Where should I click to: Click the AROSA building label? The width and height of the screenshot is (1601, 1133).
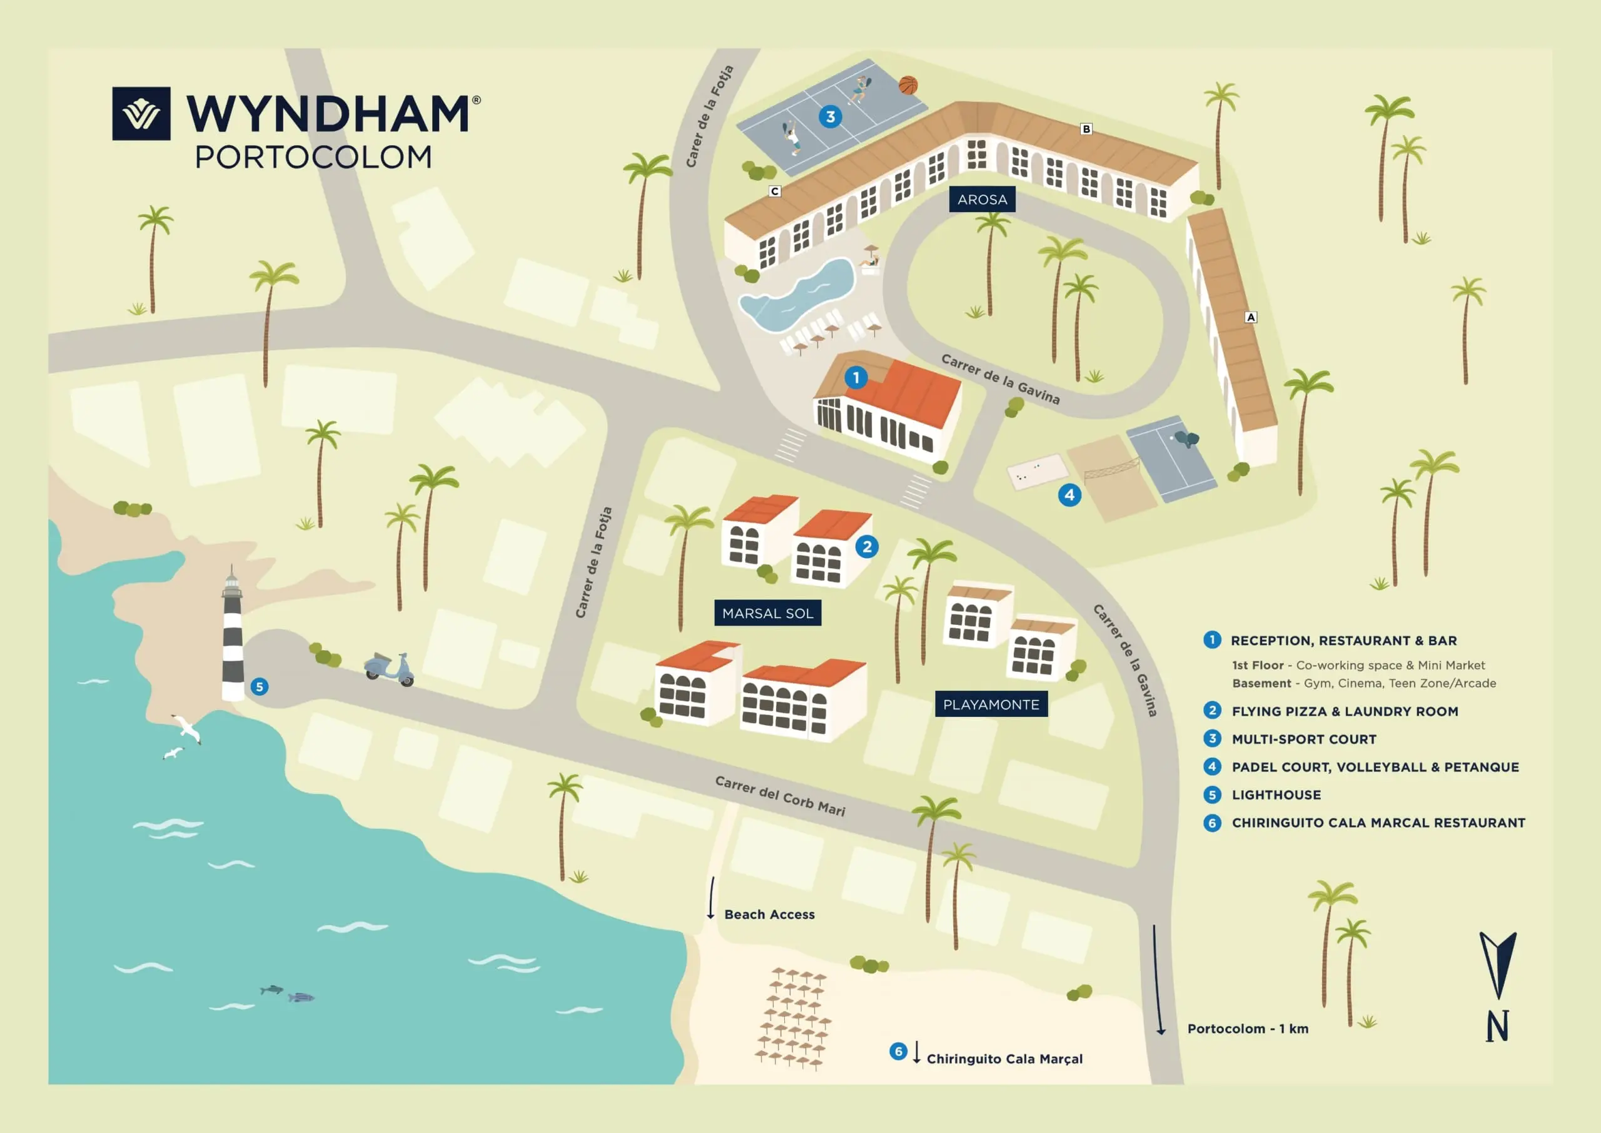[x=982, y=200]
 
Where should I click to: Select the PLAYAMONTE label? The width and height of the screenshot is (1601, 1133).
[x=991, y=704]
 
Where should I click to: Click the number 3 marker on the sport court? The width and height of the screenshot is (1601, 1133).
[x=830, y=117]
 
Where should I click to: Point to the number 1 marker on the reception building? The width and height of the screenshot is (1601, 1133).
[x=856, y=378]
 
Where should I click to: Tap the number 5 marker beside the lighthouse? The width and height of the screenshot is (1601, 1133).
[x=260, y=687]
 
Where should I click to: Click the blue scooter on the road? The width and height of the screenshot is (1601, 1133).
[x=389, y=669]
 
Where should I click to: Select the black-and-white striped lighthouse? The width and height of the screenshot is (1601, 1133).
[x=233, y=634]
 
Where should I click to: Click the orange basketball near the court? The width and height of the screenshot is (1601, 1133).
[x=908, y=85]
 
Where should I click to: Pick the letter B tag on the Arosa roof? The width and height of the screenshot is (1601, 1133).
[x=1086, y=129]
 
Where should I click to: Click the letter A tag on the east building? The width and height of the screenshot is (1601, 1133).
[x=1251, y=317]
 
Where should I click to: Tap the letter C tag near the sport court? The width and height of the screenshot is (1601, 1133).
[x=775, y=191]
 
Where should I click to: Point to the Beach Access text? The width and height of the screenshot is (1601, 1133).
[x=769, y=915]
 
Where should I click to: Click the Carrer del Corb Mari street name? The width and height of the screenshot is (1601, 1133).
[x=780, y=796]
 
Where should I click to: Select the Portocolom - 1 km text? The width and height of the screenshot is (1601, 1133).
[x=1248, y=1029]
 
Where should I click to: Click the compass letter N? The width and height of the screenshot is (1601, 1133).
[x=1497, y=1026]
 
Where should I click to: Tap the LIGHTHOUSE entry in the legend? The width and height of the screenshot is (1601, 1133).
[x=1276, y=795]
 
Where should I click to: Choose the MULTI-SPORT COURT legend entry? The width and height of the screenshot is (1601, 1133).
[x=1304, y=739]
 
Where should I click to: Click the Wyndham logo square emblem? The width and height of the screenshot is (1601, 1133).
[x=141, y=114]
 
